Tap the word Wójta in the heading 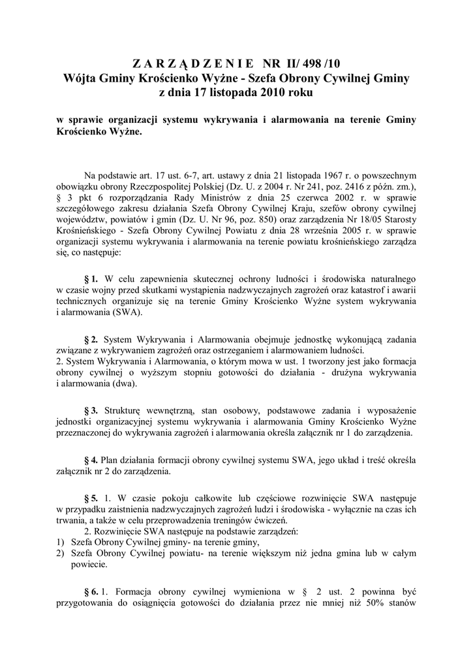pyautogui.click(x=83, y=78)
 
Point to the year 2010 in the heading pyautogui.click(x=275, y=93)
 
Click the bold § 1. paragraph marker pyautogui.click(x=91, y=279)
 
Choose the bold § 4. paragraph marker pyautogui.click(x=91, y=459)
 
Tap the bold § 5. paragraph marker pyautogui.click(x=91, y=498)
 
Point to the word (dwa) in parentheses pyautogui.click(x=121, y=383)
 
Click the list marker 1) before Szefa pyautogui.click(x=60, y=543)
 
